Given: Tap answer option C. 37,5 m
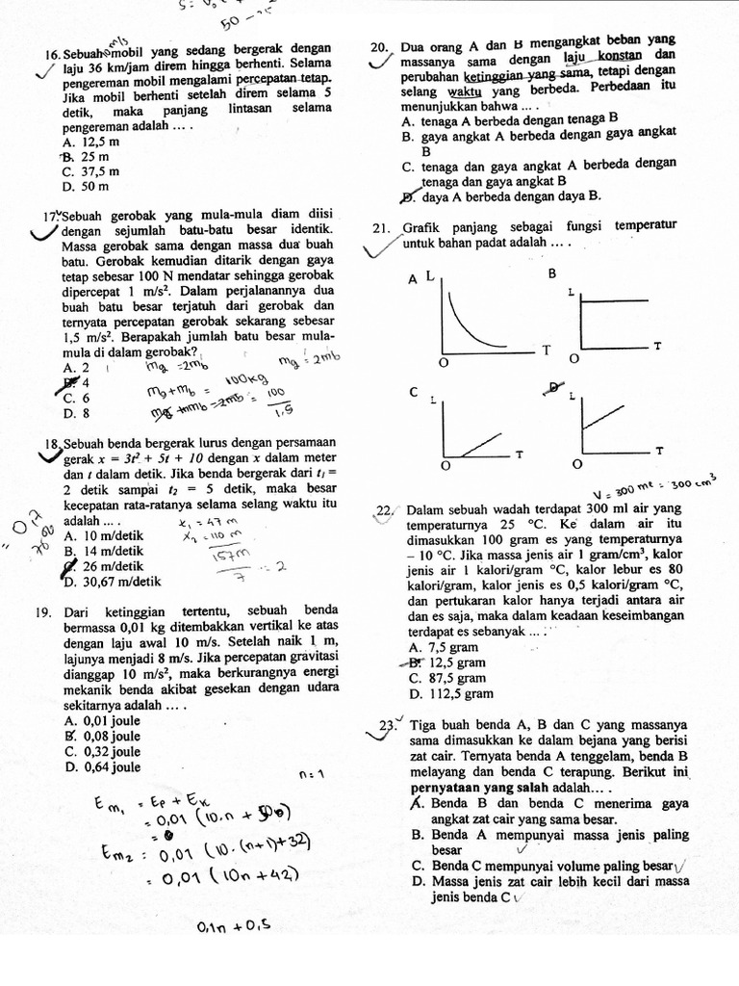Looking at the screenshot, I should pyautogui.click(x=90, y=171).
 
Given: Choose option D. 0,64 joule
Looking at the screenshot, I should pyautogui.click(x=101, y=767).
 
